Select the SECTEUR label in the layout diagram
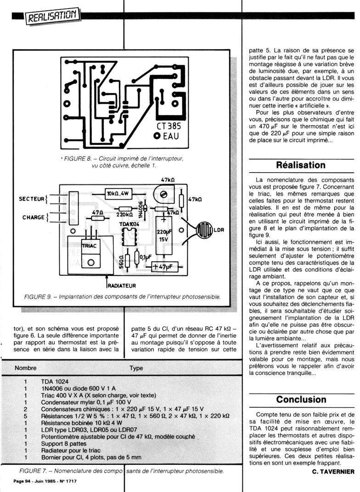click(x=31, y=199)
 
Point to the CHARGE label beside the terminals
click(x=33, y=217)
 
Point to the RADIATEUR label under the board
click(x=122, y=285)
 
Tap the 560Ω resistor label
click(x=121, y=261)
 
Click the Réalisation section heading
click(x=301, y=165)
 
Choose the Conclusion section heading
click(x=301, y=399)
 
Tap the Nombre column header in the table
click(x=26, y=368)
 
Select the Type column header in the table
click(x=136, y=368)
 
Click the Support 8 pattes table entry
click(x=64, y=444)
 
